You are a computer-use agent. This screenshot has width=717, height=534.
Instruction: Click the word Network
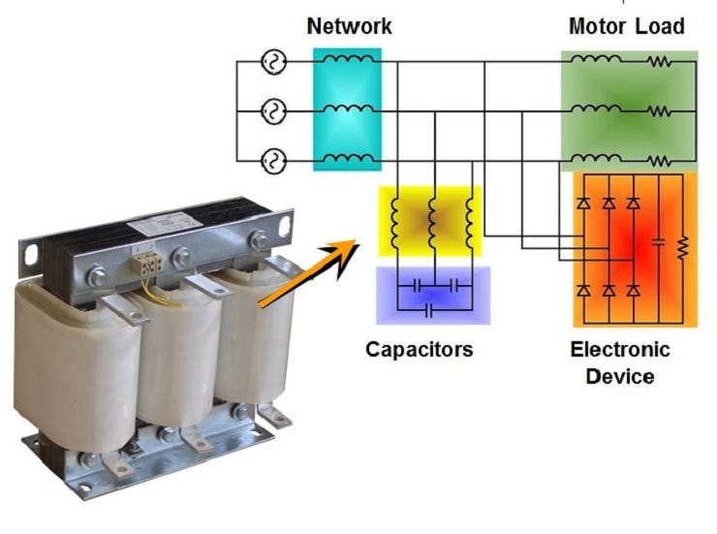[349, 26]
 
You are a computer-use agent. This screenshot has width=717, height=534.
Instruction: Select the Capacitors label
[419, 348]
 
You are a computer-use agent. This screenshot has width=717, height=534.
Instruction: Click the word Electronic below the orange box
[620, 349]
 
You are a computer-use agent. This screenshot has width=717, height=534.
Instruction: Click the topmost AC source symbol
[274, 63]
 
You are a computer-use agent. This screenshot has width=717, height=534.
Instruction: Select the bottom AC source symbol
[274, 160]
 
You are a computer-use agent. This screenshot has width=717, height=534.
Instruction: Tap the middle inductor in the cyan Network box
[347, 109]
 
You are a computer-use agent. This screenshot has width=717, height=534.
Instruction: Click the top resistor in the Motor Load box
[661, 63]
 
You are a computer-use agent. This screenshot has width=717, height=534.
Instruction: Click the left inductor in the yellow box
[397, 226]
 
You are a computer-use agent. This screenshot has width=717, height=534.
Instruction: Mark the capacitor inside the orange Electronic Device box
[658, 242]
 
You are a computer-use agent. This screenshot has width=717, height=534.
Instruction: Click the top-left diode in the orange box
[583, 203]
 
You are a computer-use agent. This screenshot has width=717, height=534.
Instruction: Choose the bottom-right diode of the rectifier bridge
[633, 289]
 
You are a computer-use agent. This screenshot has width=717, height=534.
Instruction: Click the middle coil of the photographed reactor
[171, 359]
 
